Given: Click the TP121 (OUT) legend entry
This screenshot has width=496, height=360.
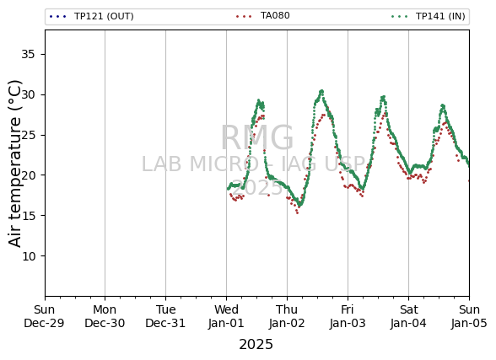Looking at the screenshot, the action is tap(92, 16).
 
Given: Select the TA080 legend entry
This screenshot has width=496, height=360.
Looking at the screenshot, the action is tap(262, 15).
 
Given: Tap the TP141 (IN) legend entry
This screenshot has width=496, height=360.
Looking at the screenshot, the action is tap(428, 16).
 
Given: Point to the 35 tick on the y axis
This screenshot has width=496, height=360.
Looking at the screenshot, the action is tap(28, 54).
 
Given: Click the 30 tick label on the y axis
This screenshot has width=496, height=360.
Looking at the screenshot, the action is tap(28, 94).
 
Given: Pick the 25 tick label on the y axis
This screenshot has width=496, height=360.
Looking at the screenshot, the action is tap(28, 135).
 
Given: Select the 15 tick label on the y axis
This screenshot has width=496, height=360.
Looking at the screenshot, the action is tap(28, 216).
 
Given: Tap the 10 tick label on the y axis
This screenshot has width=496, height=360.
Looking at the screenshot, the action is tap(28, 256).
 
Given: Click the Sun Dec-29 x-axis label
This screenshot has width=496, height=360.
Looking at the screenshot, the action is tap(44, 316).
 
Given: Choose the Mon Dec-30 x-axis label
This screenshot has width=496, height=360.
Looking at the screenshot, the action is tap(105, 316).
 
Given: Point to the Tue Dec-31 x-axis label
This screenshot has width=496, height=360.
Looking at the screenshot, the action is tap(165, 316).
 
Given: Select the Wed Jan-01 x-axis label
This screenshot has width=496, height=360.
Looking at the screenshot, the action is tap(226, 316).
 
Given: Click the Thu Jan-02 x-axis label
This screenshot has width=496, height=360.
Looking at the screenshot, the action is tap(287, 316).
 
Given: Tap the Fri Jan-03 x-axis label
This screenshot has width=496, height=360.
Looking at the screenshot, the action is tap(348, 316).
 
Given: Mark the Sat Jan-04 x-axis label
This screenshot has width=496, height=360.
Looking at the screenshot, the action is tap(408, 316).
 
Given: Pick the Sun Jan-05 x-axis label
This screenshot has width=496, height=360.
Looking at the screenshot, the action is tap(469, 316).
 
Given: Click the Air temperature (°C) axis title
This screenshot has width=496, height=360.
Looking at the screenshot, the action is tap(14, 164).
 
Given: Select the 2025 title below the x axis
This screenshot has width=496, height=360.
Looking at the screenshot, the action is tap(256, 344).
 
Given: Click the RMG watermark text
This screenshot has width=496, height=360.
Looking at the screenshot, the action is tap(256, 137).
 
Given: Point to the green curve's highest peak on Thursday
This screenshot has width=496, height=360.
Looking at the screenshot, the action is tap(321, 91).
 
